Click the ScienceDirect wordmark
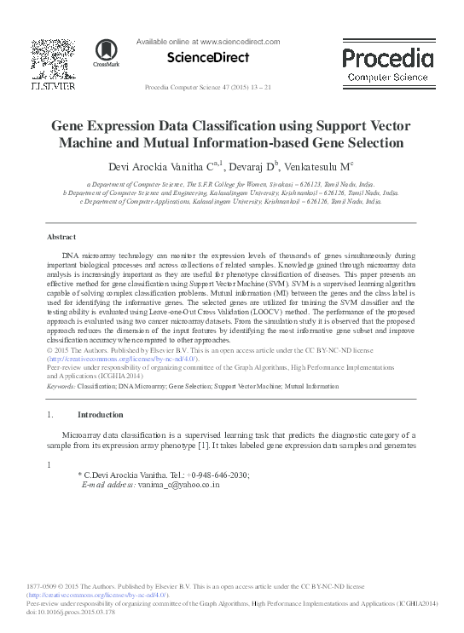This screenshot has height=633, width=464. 208,58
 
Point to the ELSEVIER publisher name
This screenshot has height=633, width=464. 53,87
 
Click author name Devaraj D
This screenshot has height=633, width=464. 243,164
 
